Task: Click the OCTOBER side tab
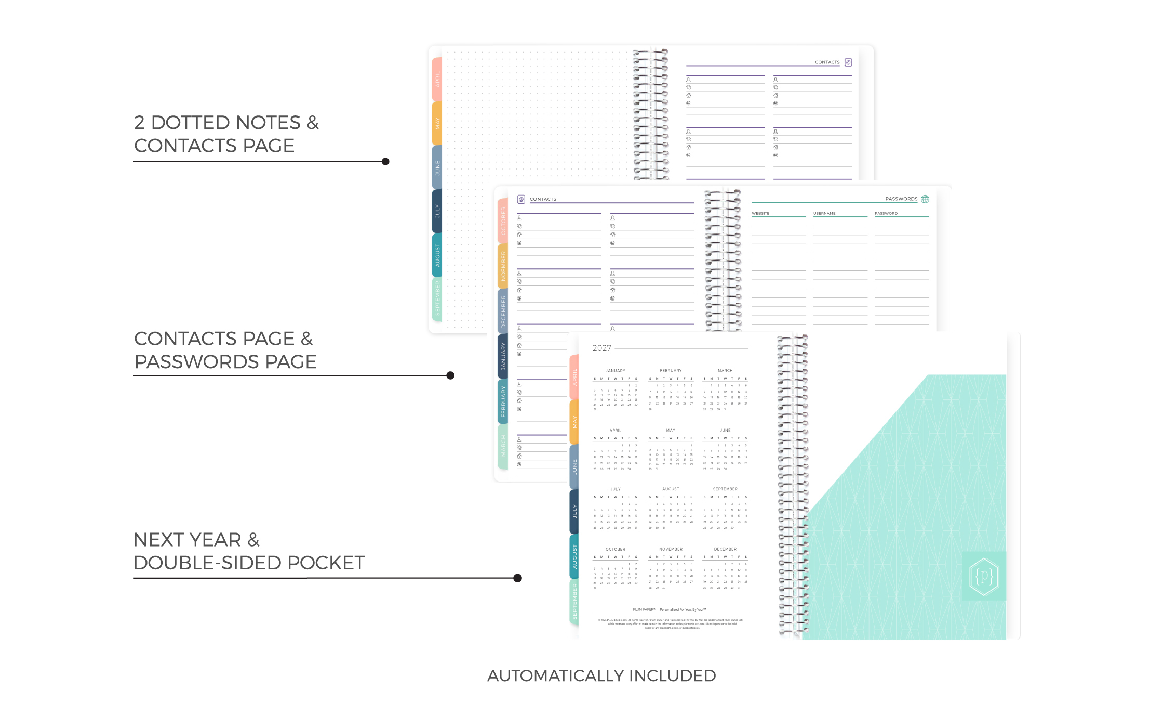click(503, 220)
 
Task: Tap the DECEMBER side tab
click(503, 311)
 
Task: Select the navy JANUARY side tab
click(503, 356)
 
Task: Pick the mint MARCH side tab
click(503, 446)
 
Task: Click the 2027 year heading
click(601, 348)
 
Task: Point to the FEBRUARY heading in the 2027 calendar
click(671, 371)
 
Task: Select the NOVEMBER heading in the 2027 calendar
click(671, 549)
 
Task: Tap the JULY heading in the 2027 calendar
click(616, 489)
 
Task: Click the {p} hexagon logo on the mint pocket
click(984, 576)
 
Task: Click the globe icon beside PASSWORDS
click(925, 199)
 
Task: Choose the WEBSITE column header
click(760, 214)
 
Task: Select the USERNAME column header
click(824, 214)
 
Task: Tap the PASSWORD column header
click(886, 214)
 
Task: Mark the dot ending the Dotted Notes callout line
click(385, 162)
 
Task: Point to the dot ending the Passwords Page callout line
click(450, 375)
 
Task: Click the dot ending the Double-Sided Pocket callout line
click(517, 578)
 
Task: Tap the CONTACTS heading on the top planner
click(827, 62)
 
